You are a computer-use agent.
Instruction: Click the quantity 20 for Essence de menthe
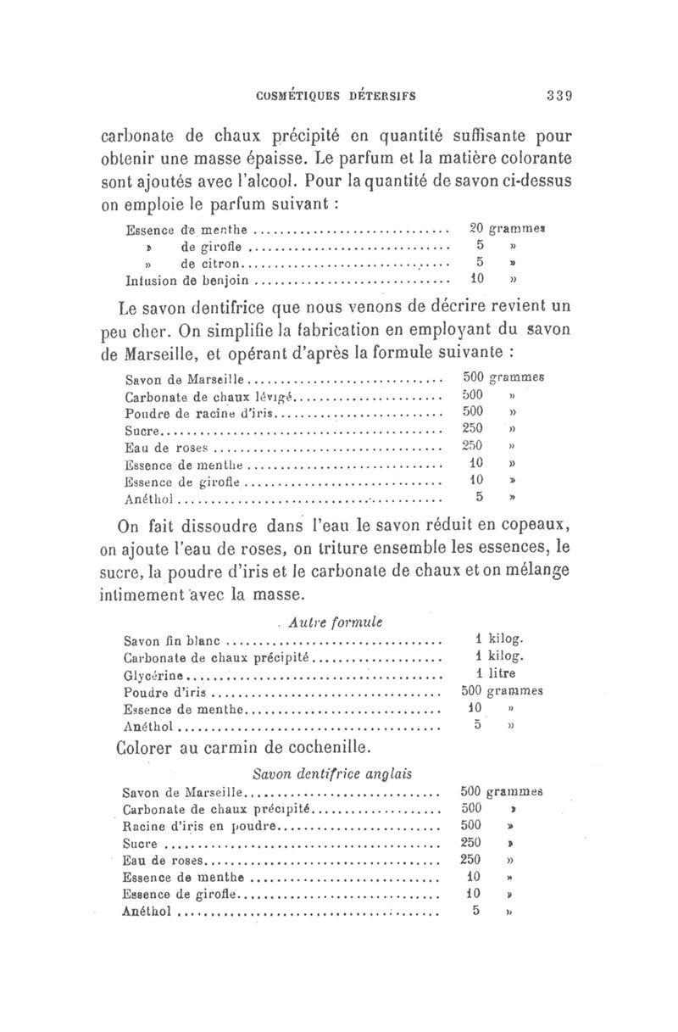(475, 228)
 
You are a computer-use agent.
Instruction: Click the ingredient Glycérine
(153, 675)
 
